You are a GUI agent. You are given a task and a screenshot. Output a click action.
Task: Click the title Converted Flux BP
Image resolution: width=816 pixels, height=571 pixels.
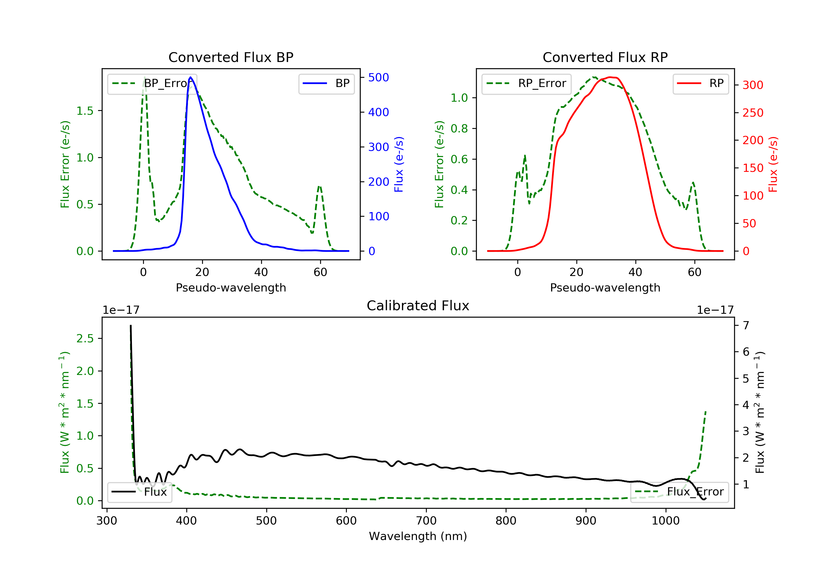tap(231, 57)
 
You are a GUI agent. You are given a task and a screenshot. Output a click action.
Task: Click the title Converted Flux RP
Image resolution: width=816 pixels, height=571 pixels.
tap(605, 57)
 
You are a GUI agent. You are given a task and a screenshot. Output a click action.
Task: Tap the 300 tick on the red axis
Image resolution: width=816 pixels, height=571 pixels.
tap(753, 85)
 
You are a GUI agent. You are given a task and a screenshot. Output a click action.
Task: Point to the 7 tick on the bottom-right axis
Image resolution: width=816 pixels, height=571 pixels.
tap(746, 325)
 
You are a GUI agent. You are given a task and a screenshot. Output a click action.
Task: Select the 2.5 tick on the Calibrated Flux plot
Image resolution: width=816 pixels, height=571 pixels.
tap(85, 338)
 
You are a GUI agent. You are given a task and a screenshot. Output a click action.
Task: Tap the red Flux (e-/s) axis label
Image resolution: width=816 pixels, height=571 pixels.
tap(773, 164)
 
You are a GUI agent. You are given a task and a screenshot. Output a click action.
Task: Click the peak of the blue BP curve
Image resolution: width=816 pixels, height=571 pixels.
tap(190, 77)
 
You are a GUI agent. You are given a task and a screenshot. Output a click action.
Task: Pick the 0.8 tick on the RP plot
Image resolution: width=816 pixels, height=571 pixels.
tap(459, 129)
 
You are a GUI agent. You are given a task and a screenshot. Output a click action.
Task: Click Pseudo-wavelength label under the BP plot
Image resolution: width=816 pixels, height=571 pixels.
tap(231, 287)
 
